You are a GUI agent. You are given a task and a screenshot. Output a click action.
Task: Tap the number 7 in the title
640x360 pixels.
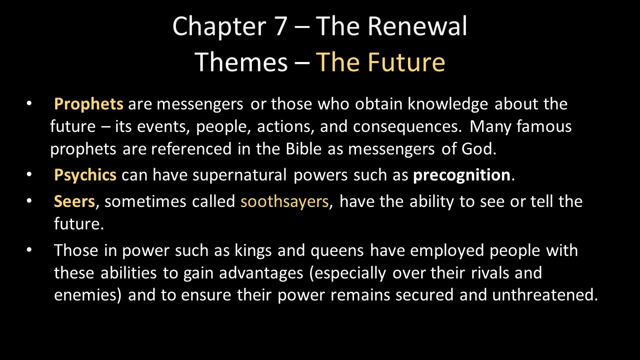(x=280, y=26)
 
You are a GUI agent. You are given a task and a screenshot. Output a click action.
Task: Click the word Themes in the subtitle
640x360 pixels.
(x=241, y=62)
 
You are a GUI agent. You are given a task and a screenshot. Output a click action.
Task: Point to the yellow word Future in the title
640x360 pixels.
(x=406, y=62)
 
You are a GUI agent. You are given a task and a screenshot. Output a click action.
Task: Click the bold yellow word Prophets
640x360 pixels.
(x=88, y=103)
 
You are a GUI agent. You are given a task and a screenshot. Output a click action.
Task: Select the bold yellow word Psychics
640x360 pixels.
(x=85, y=175)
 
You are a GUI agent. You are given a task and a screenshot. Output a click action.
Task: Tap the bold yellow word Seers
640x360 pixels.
(x=74, y=201)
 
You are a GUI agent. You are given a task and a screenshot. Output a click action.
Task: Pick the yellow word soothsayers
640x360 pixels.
(x=284, y=201)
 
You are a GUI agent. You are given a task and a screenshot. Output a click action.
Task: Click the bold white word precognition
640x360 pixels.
(x=461, y=175)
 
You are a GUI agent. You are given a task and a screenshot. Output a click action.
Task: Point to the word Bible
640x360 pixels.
(x=303, y=148)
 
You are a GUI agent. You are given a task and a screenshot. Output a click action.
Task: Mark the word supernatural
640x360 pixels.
(x=239, y=175)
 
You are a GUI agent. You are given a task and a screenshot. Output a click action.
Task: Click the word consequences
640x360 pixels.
(x=405, y=127)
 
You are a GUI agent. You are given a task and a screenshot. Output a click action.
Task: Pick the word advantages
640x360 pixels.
(x=261, y=273)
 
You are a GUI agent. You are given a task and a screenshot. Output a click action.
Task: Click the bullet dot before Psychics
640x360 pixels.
(x=29, y=174)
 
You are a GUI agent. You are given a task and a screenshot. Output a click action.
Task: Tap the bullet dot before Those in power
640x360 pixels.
(x=29, y=249)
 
